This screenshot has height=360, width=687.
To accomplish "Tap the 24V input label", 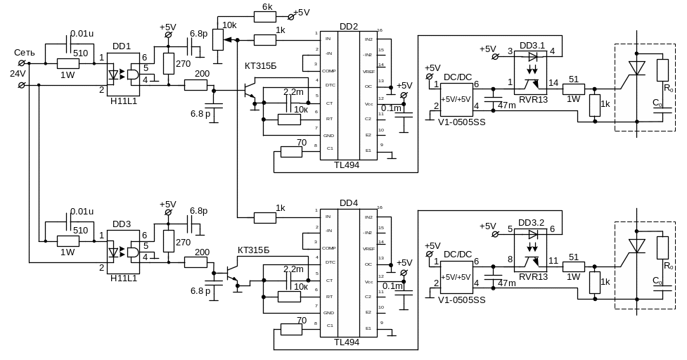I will tap(18, 72).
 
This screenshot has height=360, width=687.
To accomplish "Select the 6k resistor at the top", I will tap(266, 15).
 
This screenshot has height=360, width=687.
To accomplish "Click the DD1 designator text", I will tap(122, 46).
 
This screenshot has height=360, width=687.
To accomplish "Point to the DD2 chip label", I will tap(348, 27).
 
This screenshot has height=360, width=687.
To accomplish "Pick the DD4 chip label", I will tap(348, 204).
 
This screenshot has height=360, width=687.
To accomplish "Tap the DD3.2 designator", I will tap(532, 223).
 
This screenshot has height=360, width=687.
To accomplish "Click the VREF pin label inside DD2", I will tap(368, 71).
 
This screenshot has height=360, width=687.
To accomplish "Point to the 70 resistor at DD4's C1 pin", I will tap(291, 328).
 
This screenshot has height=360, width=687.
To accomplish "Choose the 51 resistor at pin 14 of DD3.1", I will tap(574, 89).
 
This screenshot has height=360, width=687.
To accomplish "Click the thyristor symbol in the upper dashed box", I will tap(636, 67).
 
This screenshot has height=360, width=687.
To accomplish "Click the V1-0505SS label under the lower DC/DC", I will tap(461, 300).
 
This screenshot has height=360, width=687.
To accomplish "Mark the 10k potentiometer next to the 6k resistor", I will tap(219, 39).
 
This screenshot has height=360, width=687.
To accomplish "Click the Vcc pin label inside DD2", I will tap(368, 103).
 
